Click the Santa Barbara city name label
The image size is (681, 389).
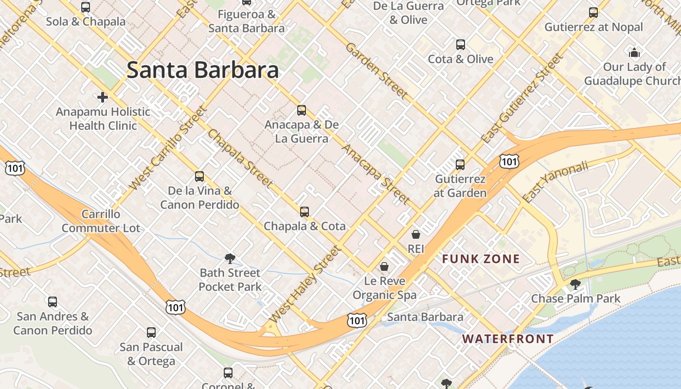(202, 70)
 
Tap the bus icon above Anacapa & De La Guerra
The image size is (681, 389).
(302, 110)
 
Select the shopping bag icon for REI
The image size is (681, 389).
(416, 235)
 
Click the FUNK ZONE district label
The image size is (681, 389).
(481, 259)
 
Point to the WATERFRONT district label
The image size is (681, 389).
(508, 339)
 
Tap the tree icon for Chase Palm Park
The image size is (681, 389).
(575, 284)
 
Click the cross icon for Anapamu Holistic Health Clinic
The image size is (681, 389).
(103, 97)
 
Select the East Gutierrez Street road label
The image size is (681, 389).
(521, 99)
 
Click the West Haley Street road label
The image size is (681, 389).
(305, 284)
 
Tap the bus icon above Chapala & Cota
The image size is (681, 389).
(305, 212)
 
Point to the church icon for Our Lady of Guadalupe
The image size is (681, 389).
(634, 53)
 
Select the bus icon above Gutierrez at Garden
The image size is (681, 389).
(460, 165)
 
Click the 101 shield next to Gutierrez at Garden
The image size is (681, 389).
(509, 161)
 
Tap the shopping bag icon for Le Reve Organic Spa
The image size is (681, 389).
(384, 266)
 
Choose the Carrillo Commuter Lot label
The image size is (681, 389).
(101, 221)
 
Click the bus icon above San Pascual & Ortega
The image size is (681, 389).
(151, 333)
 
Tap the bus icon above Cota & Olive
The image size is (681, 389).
(461, 45)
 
